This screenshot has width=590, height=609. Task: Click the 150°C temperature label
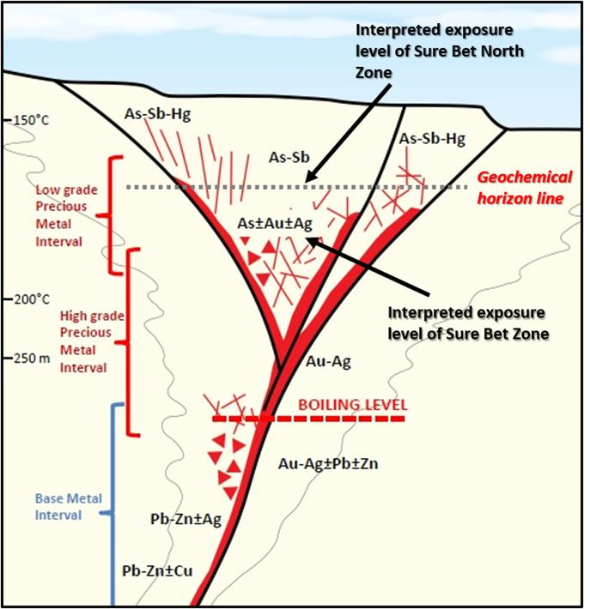[x=31, y=120]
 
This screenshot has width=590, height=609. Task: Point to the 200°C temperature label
[x=33, y=299]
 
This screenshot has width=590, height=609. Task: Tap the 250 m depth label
[x=33, y=358]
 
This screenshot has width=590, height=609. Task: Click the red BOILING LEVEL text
[x=353, y=405]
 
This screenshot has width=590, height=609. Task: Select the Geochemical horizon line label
[x=525, y=188]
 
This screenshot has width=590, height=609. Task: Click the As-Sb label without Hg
[x=289, y=157]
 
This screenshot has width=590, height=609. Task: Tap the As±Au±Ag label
[x=275, y=224]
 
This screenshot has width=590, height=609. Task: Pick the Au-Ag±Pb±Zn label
[x=328, y=463]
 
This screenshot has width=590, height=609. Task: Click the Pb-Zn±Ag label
[x=186, y=519]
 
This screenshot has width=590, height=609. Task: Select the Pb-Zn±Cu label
[x=157, y=570]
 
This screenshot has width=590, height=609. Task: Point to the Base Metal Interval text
[x=69, y=506]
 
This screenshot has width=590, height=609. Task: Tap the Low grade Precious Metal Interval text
[x=66, y=215]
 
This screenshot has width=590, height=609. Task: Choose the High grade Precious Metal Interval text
[x=92, y=341]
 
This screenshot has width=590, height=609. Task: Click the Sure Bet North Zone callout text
[x=440, y=51]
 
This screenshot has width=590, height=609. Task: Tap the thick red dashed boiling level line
[x=308, y=419]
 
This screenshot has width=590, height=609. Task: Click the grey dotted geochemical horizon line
[x=297, y=187]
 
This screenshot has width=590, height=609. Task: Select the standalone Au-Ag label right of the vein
[x=329, y=362]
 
